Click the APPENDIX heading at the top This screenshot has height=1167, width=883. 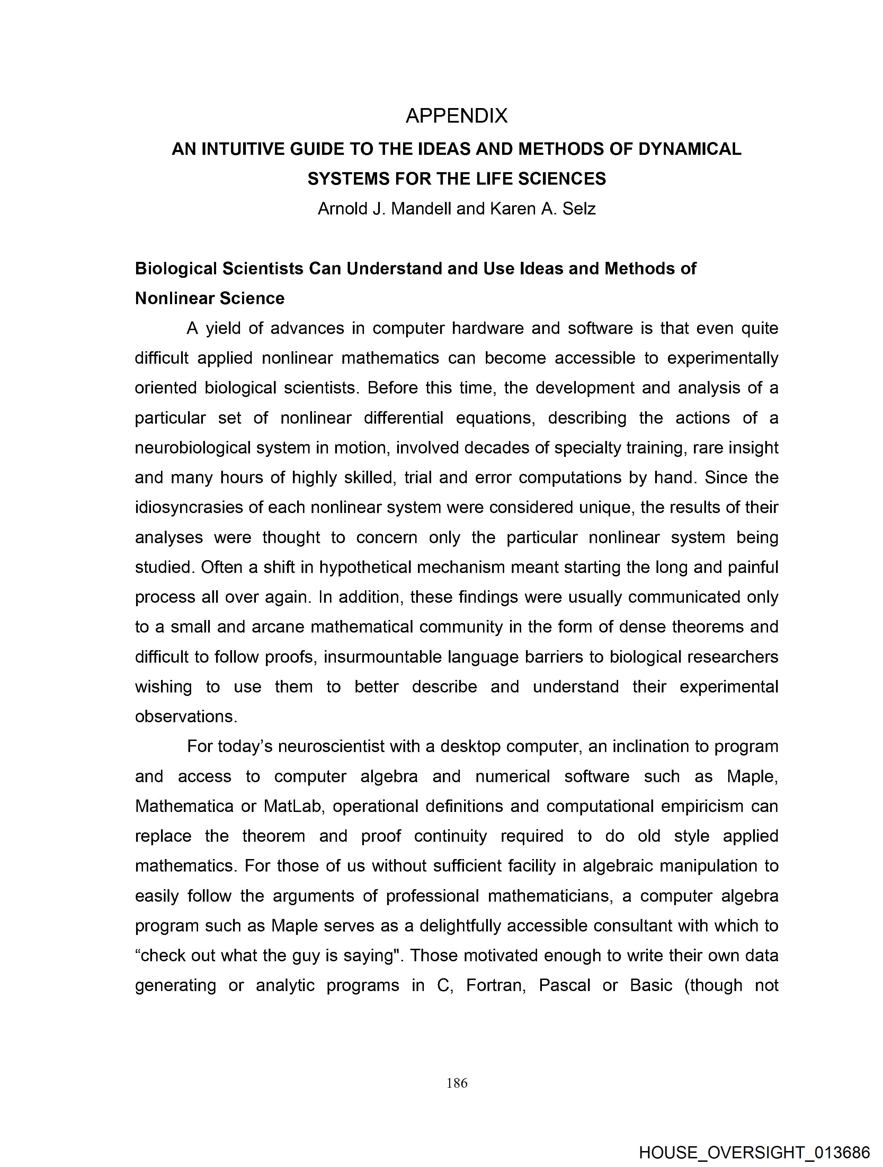click(456, 116)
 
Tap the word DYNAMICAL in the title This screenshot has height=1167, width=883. click(689, 149)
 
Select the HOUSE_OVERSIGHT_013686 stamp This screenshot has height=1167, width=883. click(754, 1153)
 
